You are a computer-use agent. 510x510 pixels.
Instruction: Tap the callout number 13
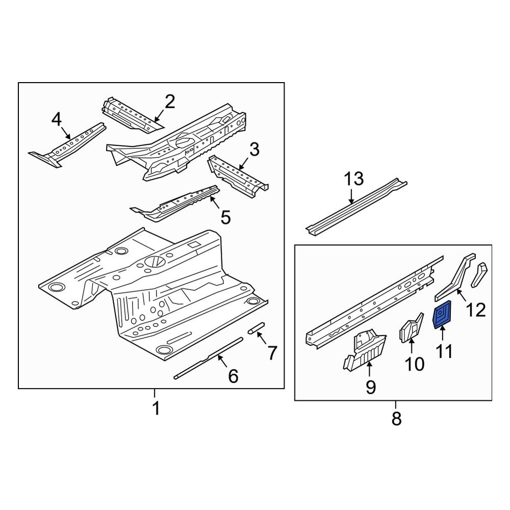pyautogui.click(x=354, y=179)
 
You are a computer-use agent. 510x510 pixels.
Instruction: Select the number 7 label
pyautogui.click(x=272, y=353)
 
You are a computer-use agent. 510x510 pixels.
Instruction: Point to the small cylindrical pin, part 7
pyautogui.click(x=257, y=328)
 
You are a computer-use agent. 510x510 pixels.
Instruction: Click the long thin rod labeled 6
pyautogui.click(x=208, y=358)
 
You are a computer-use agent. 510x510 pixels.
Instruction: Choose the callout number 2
pyautogui.click(x=170, y=102)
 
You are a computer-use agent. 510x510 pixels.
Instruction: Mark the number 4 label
pyautogui.click(x=56, y=119)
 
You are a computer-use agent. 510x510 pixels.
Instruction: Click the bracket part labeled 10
pyautogui.click(x=411, y=328)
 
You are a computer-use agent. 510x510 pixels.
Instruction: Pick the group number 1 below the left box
pyautogui.click(x=157, y=408)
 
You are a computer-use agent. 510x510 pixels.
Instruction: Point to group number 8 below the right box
pyautogui.click(x=396, y=418)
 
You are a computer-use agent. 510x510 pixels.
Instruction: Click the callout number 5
pyautogui.click(x=226, y=217)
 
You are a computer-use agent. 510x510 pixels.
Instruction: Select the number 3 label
pyautogui.click(x=254, y=149)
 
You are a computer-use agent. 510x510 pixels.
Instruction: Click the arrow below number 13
pyautogui.click(x=351, y=196)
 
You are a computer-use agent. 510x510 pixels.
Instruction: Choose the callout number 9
pyautogui.click(x=371, y=387)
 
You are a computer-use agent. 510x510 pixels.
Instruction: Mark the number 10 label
pyautogui.click(x=415, y=364)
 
